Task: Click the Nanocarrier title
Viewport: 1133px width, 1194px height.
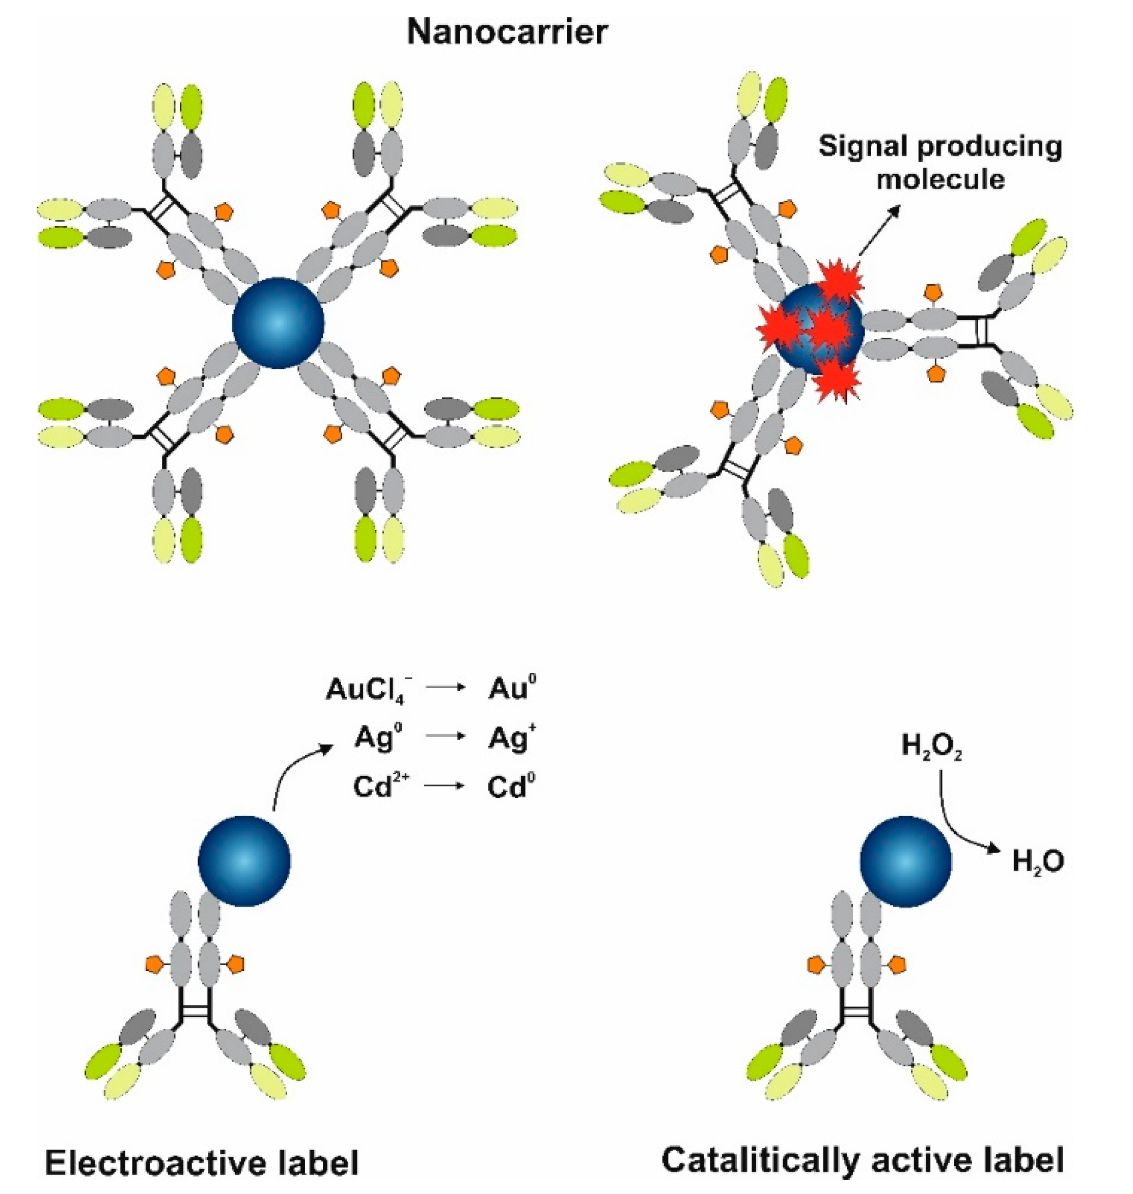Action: (x=507, y=32)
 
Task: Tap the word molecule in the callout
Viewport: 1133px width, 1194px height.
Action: (x=941, y=179)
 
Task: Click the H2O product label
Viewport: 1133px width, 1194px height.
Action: (x=1038, y=862)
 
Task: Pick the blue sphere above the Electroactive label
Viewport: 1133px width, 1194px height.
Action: (x=244, y=861)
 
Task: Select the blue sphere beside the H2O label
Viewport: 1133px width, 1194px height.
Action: (x=905, y=861)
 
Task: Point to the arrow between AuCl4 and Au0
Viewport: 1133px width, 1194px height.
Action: (x=446, y=688)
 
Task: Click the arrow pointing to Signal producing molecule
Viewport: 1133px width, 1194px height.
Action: (x=879, y=230)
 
